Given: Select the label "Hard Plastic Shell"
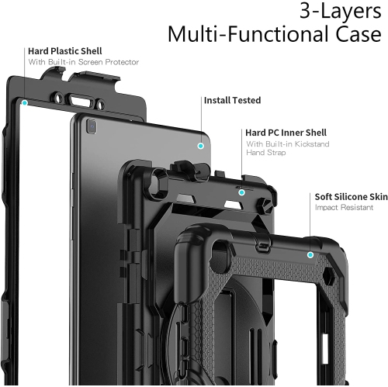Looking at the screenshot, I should pos(64,50).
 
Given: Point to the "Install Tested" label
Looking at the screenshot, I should pos(232,100).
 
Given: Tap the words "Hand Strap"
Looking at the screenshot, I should pos(266,154).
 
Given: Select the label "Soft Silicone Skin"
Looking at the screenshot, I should pos(351,197).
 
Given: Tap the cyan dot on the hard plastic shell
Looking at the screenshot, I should pos(26,102).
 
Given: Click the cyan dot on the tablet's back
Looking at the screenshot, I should pos(200,144).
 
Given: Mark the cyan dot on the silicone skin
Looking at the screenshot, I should pos(310,254).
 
